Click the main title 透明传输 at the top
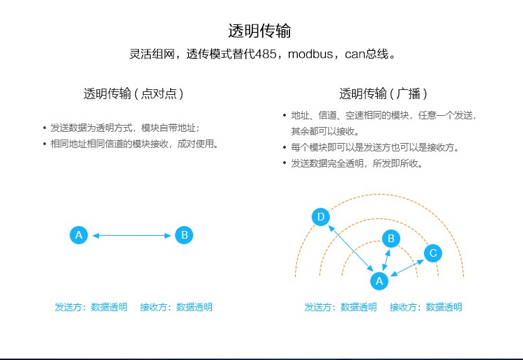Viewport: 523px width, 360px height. pos(259,31)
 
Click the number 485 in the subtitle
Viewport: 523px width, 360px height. pos(266,54)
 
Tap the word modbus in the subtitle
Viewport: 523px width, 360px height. pos(310,54)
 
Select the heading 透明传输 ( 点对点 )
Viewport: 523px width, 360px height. pos(133,93)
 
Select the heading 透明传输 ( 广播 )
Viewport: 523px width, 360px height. pos(383,93)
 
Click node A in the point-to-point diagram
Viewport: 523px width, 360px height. pos(79,235)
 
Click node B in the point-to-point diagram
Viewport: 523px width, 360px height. pos(184,235)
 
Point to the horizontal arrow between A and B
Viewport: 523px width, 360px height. pos(132,236)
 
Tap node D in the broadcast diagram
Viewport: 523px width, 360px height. pos(321,217)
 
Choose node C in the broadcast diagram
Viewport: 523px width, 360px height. pos(433,253)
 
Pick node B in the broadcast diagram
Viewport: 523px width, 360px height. pos(391,239)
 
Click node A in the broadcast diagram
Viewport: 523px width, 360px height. pos(379,281)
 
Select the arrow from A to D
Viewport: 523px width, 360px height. pos(351,248)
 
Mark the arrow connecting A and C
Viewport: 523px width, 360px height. pos(407,268)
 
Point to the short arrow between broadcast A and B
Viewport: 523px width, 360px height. pos(386,260)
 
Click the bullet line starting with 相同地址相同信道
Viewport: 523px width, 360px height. pos(131,144)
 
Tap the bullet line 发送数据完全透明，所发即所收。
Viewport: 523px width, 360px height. pos(354,163)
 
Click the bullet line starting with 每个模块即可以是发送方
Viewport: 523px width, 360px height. pos(372,147)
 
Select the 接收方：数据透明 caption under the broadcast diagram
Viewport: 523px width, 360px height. pos(425,307)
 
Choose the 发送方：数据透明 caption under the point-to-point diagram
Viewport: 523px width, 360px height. pos(91,307)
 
